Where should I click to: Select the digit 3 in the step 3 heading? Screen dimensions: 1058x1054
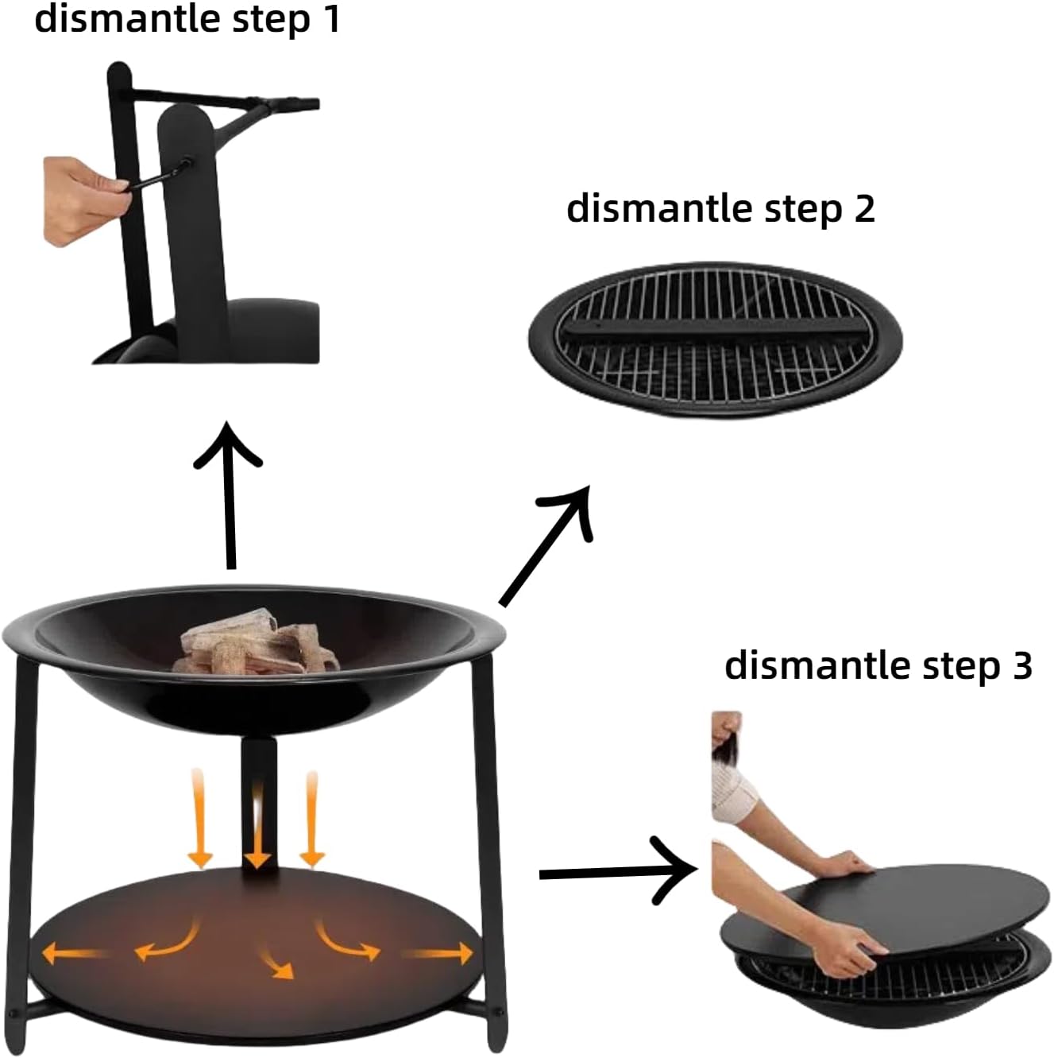[1021, 665]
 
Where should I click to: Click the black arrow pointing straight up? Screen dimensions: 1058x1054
[230, 493]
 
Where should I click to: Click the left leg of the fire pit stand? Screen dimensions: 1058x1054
[28, 835]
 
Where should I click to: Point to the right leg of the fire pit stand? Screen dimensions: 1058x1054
[486, 835]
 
